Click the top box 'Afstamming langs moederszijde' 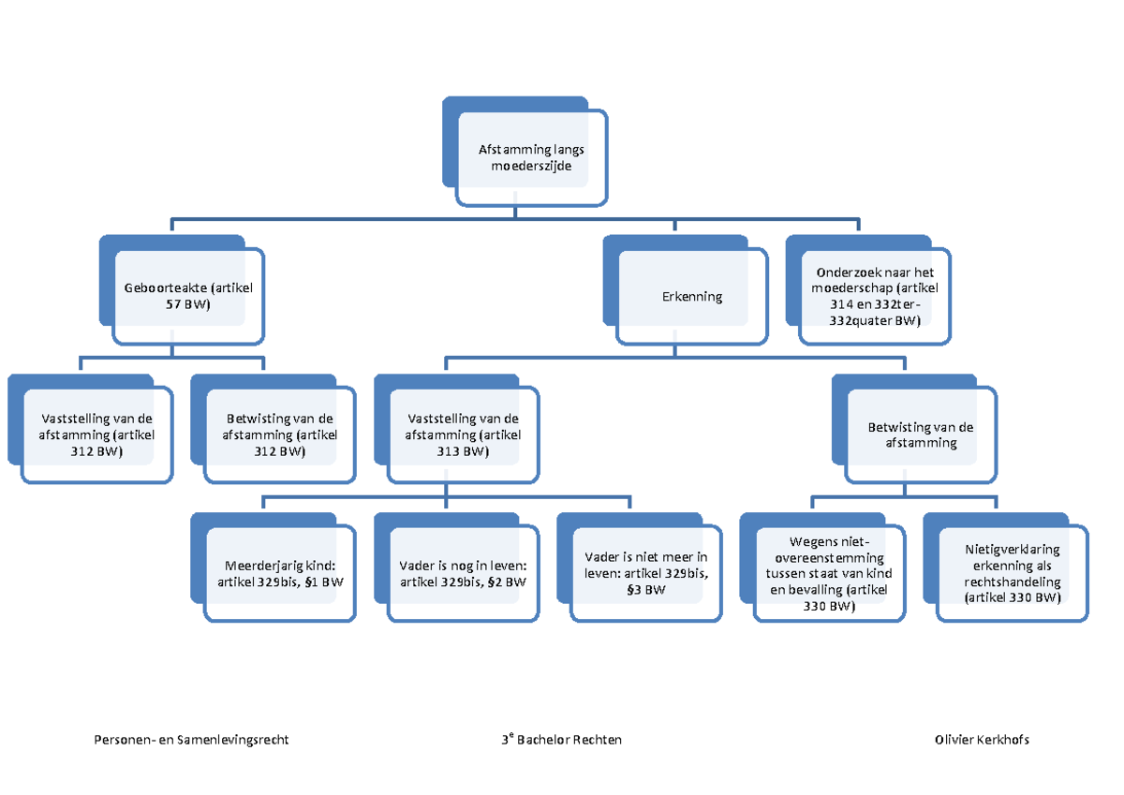531,157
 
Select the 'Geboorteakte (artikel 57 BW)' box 188,296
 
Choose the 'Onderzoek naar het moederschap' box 874,296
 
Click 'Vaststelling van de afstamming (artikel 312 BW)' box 96,435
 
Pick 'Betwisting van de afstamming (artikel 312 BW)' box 280,435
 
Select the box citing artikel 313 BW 463,435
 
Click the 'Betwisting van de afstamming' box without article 921,434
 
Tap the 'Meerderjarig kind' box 280,574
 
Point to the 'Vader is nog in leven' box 463,574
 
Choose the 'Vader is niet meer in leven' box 645,573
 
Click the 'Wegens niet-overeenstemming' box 829,573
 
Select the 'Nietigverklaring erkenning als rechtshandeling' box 1013,574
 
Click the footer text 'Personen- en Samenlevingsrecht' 191,740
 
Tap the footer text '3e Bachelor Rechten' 561,740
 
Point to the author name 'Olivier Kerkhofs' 982,740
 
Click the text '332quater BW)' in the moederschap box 874,321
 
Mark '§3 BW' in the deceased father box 645,590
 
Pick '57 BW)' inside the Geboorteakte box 188,305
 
